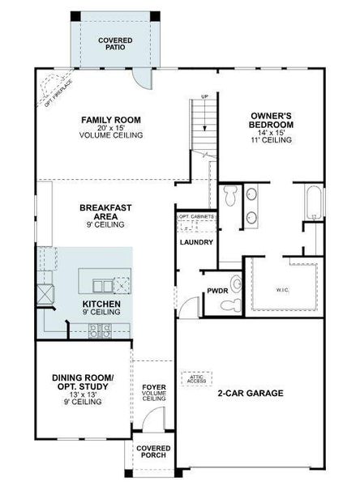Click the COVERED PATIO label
pyautogui.click(x=114, y=44)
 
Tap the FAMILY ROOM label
pyautogui.click(x=111, y=127)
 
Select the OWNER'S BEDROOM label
pyautogui.click(x=272, y=127)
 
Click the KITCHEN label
pyautogui.click(x=101, y=307)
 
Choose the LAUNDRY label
pyautogui.click(x=195, y=241)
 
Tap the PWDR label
pyautogui.click(x=216, y=290)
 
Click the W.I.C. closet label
pyautogui.click(x=283, y=288)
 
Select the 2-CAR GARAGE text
pyautogui.click(x=250, y=394)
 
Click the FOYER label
pyautogui.click(x=154, y=392)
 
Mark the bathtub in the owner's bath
pyautogui.click(x=313, y=203)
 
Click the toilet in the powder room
pyautogui.click(x=236, y=284)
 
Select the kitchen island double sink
pyautogui.click(x=103, y=285)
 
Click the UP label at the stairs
pyautogui.click(x=205, y=98)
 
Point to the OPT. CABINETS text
pyautogui.click(x=196, y=217)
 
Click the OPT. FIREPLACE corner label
pyautogui.click(x=49, y=87)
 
